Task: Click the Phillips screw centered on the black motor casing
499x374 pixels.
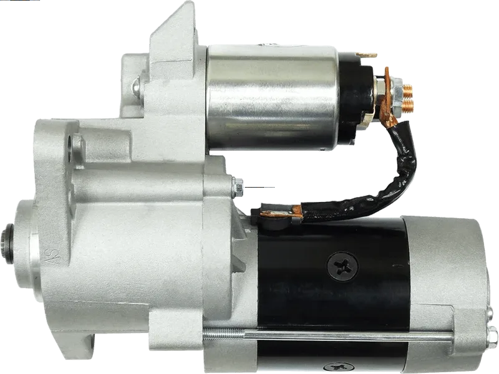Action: (342, 266)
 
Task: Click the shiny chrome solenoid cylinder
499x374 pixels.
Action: (271, 97)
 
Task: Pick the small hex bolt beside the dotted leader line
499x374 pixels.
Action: (238, 187)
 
